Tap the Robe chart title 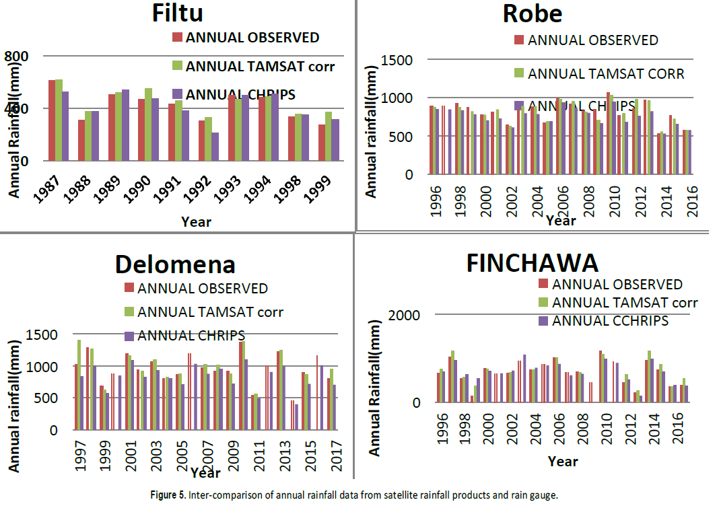(532, 13)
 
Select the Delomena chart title (175, 264)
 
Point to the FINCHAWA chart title (532, 262)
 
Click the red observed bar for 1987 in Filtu (52, 121)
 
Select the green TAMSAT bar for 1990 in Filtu (148, 124)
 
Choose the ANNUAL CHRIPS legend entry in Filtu (240, 94)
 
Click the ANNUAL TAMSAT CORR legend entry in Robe (605, 73)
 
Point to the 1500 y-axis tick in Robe (397, 61)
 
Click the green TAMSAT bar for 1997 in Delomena (79, 384)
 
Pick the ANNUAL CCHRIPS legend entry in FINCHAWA (610, 321)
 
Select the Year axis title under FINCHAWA (562, 462)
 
